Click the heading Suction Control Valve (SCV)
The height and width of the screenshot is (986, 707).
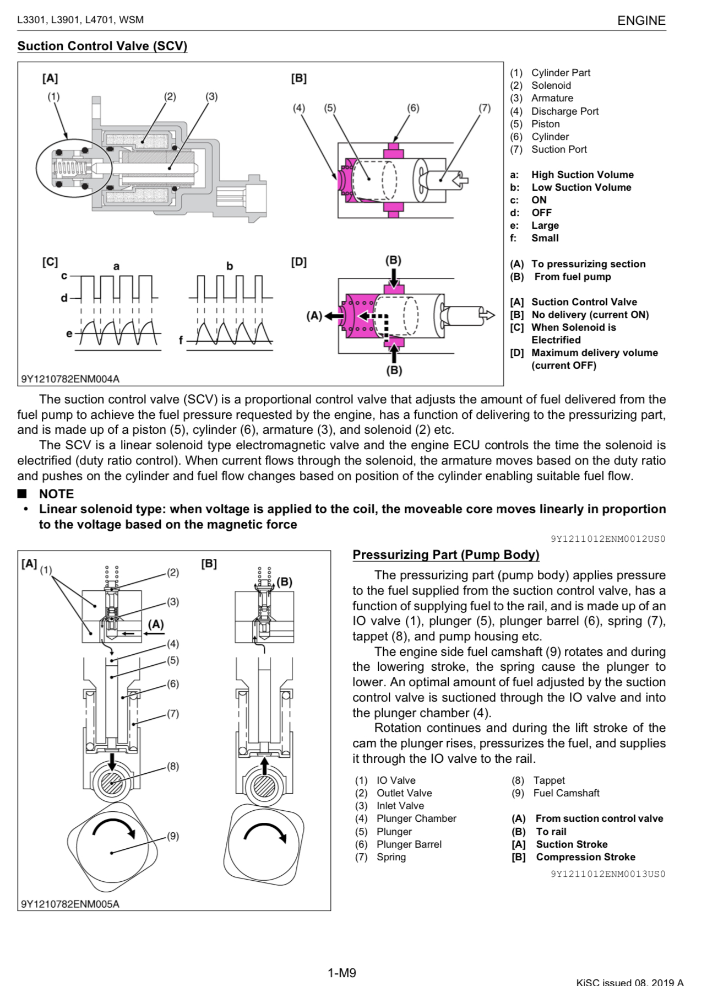click(x=102, y=46)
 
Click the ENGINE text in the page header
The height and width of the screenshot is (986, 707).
click(x=641, y=20)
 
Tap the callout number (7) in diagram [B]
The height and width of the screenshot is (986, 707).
click(x=484, y=108)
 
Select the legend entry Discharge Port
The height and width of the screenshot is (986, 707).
click(x=564, y=111)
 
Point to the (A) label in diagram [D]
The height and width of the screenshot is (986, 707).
click(x=314, y=316)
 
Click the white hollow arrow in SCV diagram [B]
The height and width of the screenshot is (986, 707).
click(x=460, y=179)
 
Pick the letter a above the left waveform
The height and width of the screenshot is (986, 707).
click(x=116, y=267)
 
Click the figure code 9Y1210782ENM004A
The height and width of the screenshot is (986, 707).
click(x=70, y=379)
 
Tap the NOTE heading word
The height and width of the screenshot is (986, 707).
click(x=56, y=494)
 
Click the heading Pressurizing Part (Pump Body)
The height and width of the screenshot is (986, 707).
click(x=446, y=554)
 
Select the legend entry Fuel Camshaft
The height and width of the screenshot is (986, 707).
click(x=566, y=793)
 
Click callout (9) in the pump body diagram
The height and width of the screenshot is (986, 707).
click(x=173, y=836)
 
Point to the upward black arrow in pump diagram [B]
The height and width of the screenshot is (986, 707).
click(x=264, y=766)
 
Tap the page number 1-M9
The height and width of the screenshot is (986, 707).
click(x=341, y=973)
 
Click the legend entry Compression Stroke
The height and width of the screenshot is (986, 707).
click(x=585, y=857)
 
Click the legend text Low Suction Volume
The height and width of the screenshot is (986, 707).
click(x=581, y=187)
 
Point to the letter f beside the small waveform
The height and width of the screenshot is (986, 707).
click(x=181, y=341)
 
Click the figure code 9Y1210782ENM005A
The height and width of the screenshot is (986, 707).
click(x=70, y=904)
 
